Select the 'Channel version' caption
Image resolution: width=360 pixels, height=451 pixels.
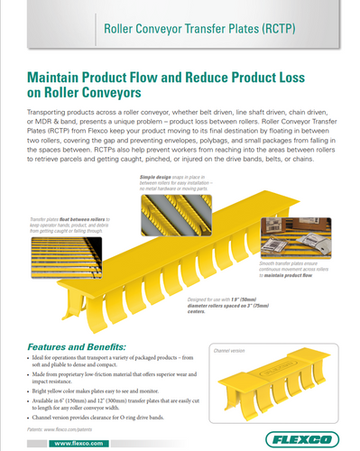pyautogui.click(x=230, y=348)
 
